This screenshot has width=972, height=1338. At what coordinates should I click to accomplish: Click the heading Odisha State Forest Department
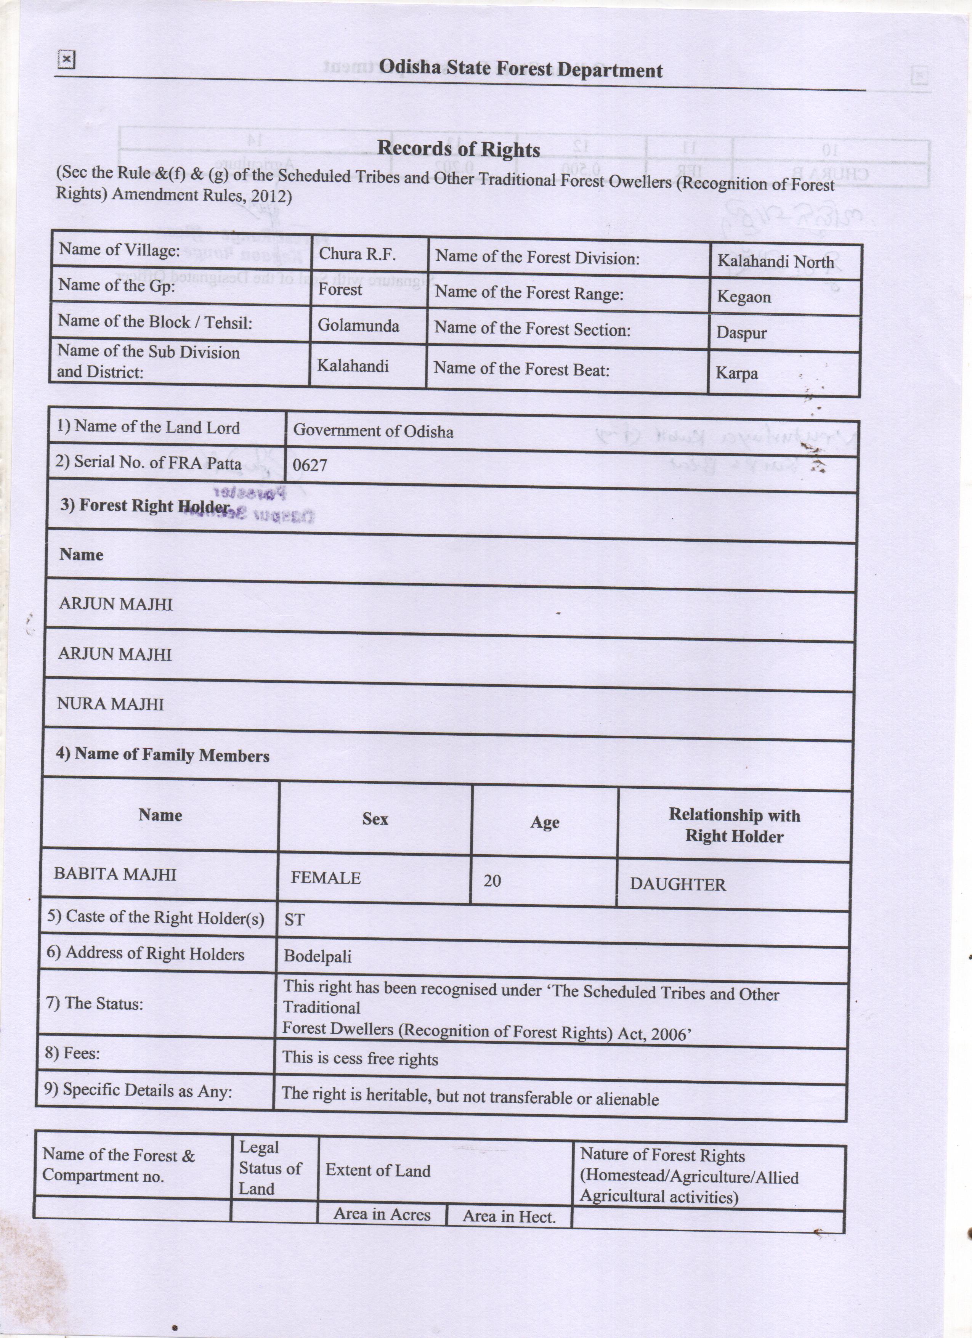(520, 69)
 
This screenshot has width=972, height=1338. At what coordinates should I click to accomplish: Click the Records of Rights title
(458, 149)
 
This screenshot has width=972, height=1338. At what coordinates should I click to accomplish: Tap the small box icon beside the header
(66, 59)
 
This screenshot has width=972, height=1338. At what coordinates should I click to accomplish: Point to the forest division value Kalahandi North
(775, 262)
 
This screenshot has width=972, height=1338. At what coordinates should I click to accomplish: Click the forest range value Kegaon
(743, 296)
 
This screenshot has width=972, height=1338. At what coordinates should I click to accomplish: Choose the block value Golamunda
(358, 326)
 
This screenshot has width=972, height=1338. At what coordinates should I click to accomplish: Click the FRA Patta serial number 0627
(310, 465)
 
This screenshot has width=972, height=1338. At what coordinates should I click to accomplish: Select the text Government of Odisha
(373, 431)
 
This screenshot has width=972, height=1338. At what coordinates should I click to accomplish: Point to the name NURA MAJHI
(110, 704)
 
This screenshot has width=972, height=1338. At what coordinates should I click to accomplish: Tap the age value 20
(492, 881)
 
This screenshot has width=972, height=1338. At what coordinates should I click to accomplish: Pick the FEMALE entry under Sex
(326, 878)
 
